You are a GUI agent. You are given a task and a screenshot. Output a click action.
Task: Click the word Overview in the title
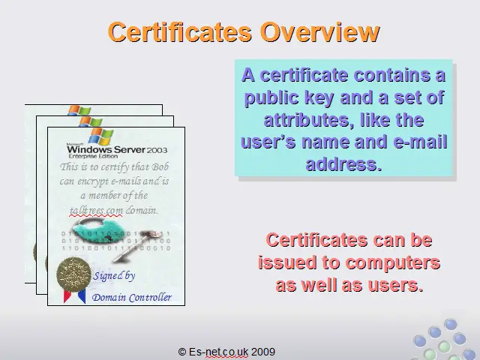point(320,32)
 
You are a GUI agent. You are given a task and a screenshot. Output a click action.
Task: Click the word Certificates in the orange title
point(180,32)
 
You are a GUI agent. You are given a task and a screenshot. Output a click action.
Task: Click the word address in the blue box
point(343,164)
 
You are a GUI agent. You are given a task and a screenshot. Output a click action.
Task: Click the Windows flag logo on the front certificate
point(101,136)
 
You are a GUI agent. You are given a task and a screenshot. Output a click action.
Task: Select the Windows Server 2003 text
point(117,150)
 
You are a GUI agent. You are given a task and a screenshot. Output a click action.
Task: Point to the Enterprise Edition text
point(93,156)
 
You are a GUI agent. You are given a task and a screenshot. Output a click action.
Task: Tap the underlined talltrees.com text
point(96,211)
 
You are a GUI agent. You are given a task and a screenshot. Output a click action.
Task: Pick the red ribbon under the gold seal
point(67,295)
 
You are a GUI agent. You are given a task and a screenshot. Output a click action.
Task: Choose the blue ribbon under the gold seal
point(82,296)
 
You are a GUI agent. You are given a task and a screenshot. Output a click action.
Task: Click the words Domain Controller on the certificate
point(132,297)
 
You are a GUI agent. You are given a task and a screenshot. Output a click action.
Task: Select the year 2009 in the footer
point(263,352)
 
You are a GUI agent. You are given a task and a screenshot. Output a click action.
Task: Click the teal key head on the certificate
point(97,228)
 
